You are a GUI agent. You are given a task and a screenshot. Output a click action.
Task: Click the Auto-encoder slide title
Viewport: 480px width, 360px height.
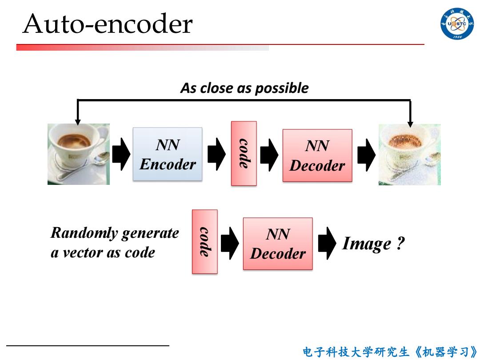[x=108, y=24]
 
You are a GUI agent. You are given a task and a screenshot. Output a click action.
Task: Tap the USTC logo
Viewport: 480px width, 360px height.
[x=457, y=23]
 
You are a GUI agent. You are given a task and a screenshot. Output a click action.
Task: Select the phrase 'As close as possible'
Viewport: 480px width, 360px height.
[x=244, y=88]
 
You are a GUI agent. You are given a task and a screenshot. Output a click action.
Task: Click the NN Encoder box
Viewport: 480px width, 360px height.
[x=168, y=154]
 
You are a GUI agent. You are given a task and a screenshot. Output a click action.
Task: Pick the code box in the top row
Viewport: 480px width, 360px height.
[x=244, y=153]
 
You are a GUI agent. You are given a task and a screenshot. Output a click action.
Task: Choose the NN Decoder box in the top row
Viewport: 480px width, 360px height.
[x=317, y=156]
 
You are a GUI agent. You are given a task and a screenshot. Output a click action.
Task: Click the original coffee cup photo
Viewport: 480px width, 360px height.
[x=78, y=154]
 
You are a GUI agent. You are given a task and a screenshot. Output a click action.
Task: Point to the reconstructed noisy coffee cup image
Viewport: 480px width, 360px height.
[x=410, y=155]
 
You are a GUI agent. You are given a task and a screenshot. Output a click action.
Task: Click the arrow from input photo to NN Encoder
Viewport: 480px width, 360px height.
[x=121, y=154]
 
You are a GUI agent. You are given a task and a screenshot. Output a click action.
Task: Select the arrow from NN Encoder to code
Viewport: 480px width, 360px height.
[x=217, y=154]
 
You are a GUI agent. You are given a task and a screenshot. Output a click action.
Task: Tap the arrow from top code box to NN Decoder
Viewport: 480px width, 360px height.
[x=269, y=155]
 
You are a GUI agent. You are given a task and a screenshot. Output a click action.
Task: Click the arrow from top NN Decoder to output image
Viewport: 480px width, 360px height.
[x=366, y=155]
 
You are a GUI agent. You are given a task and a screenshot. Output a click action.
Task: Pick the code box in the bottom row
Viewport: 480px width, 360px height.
[x=204, y=241]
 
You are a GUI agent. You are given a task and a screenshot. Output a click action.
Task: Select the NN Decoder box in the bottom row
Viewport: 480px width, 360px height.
[x=278, y=244]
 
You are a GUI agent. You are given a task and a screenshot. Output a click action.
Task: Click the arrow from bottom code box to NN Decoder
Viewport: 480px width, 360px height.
[x=230, y=244]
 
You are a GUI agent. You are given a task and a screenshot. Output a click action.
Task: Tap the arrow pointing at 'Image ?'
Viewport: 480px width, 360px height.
[x=327, y=244]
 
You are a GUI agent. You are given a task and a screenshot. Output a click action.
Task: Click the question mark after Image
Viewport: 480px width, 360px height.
[x=400, y=243]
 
